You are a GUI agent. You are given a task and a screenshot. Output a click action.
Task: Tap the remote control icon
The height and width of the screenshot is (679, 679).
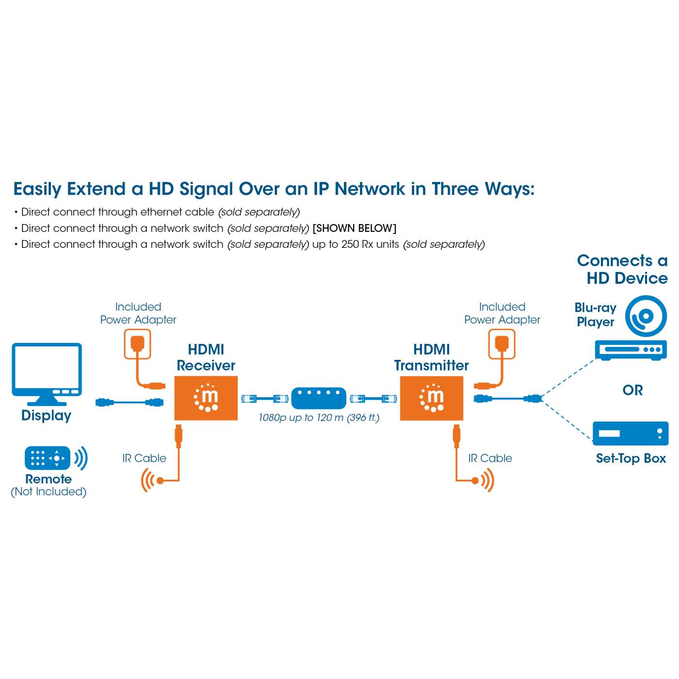[x=48, y=458]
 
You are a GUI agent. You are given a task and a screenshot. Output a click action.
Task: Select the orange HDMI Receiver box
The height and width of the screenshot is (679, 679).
[x=206, y=398]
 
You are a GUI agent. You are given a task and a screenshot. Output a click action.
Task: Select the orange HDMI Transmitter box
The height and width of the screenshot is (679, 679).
[x=431, y=398]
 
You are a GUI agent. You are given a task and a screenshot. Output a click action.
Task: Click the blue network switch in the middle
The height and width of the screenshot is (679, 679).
[x=319, y=398]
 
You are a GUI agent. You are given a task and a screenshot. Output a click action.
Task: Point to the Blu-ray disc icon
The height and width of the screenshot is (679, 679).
[x=646, y=316]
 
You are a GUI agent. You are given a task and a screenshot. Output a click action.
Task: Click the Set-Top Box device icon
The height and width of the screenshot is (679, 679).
[x=630, y=433]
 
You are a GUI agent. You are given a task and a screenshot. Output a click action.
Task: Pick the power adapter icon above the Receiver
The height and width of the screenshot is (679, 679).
[x=138, y=344]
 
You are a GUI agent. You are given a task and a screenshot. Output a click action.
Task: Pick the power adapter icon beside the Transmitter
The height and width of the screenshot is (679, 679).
[x=501, y=344]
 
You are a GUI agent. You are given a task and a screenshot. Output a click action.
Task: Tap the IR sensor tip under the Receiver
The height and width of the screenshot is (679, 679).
[x=159, y=481]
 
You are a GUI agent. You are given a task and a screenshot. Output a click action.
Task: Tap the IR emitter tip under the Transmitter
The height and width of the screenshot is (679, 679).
[x=475, y=481]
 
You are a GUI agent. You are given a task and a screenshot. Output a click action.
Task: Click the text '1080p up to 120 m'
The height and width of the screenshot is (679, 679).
[x=301, y=418]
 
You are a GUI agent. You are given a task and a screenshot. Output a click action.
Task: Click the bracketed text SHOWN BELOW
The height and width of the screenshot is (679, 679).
[x=355, y=228]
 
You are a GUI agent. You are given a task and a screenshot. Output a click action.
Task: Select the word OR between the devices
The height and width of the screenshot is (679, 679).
[x=632, y=390]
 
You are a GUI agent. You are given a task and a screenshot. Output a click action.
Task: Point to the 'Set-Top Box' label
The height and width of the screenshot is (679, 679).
[x=630, y=458]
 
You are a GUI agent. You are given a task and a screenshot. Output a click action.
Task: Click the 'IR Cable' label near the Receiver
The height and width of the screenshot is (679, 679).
[x=144, y=458]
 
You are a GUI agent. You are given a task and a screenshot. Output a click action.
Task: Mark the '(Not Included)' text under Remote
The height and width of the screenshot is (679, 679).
[x=48, y=492]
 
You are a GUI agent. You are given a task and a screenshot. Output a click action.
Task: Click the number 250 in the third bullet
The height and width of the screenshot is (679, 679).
[x=350, y=244]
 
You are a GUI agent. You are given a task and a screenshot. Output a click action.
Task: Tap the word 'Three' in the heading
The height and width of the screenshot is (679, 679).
[x=455, y=189]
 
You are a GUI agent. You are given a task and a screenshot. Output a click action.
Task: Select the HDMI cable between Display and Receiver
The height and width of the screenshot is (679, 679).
[x=129, y=402]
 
